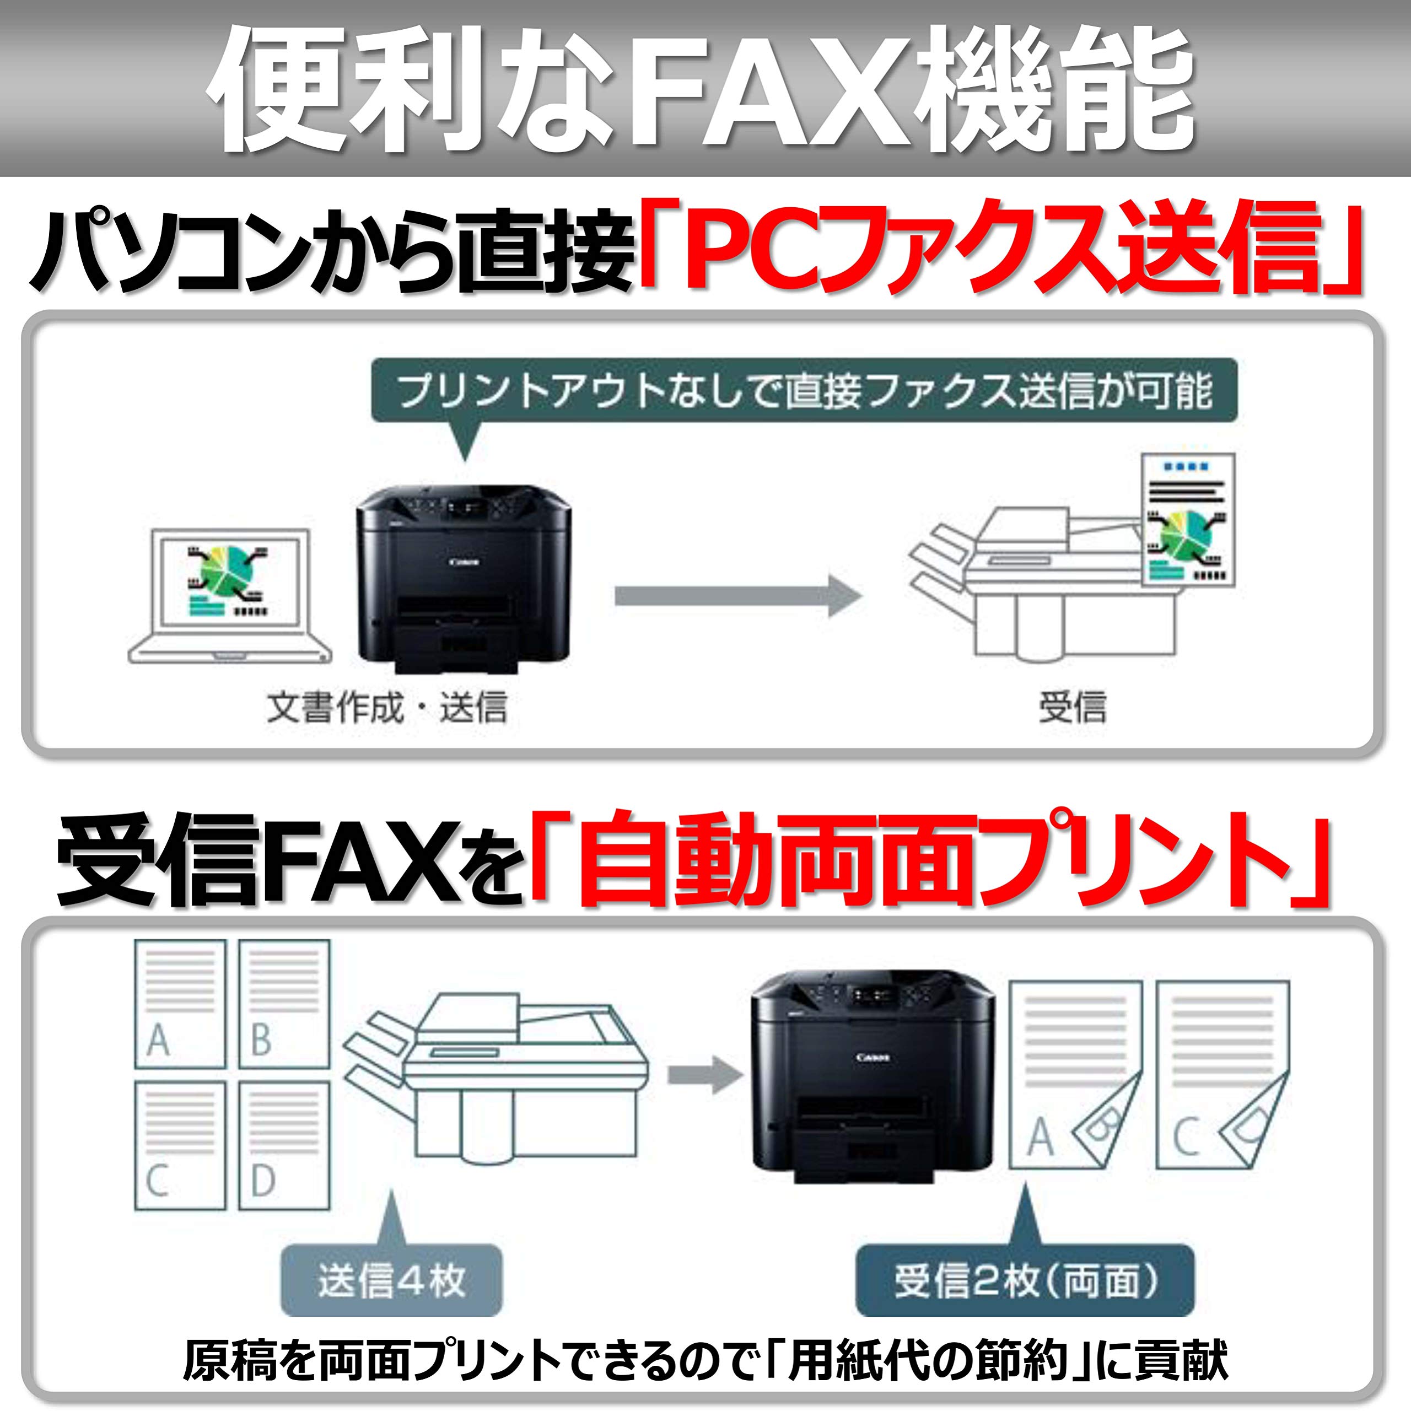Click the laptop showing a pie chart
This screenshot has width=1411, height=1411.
[229, 595]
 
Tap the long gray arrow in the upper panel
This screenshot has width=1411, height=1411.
[737, 595]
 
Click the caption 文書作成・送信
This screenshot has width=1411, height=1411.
[386, 707]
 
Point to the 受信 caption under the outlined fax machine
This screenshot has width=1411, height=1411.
[1072, 707]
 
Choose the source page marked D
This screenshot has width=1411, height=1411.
[284, 1145]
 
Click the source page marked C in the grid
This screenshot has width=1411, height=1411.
[180, 1145]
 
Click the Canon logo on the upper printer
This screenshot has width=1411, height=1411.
[465, 562]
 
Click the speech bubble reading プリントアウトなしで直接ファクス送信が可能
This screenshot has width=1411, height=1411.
[804, 391]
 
